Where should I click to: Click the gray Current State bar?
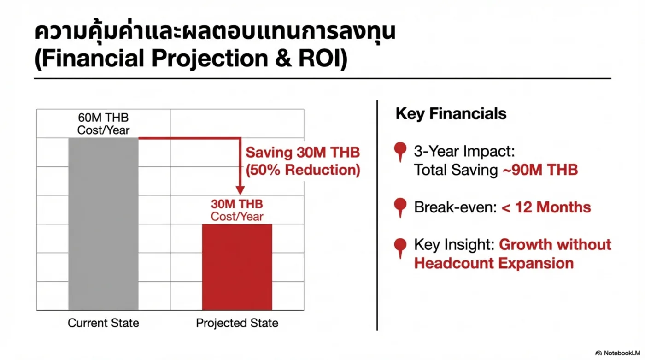pyautogui.click(x=103, y=224)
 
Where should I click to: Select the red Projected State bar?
pyautogui.click(x=237, y=267)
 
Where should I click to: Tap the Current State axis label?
pyautogui.click(x=103, y=323)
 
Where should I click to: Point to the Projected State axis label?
pyautogui.click(x=237, y=323)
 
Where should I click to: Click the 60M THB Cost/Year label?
pyautogui.click(x=103, y=124)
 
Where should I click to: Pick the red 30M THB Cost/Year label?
pyautogui.click(x=237, y=210)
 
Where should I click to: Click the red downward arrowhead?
pyautogui.click(x=240, y=190)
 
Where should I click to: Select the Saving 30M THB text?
pyautogui.click(x=303, y=153)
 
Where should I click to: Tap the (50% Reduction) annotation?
pyautogui.click(x=303, y=170)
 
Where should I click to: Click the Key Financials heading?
pyautogui.click(x=451, y=113)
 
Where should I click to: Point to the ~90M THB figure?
pyautogui.click(x=540, y=170)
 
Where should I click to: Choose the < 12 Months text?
pyautogui.click(x=546, y=207)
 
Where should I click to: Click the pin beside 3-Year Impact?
pyautogui.click(x=400, y=152)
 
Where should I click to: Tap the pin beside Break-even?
pyautogui.click(x=400, y=207)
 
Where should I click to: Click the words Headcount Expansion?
pyautogui.click(x=494, y=263)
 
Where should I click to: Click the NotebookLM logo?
pyautogui.click(x=617, y=353)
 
